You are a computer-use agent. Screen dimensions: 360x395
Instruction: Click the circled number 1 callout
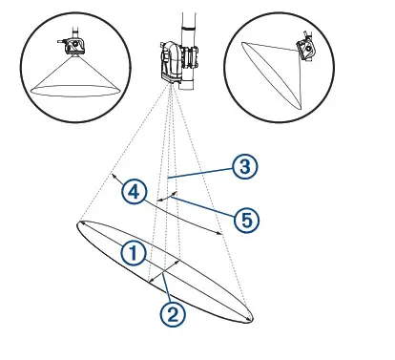pos(134,252)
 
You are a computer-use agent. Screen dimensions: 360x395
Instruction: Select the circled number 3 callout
pos(245,166)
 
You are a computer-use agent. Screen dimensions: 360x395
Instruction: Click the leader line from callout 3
pos(200,173)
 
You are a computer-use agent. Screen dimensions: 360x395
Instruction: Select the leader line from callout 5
pos(205,207)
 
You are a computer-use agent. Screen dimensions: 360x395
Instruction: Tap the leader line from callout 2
pos(166,286)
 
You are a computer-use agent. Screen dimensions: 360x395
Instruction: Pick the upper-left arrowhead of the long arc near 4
pos(113,176)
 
